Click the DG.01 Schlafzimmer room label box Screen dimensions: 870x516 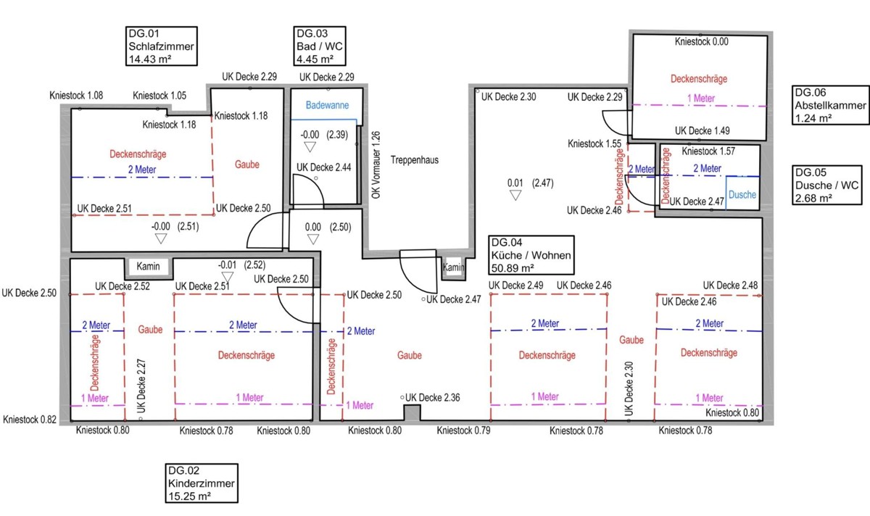(162, 46)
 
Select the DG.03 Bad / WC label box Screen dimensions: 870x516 (320, 46)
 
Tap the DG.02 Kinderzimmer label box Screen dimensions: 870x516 (202, 483)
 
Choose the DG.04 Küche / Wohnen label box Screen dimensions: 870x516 (531, 255)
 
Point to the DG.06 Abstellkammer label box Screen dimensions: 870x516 (830, 105)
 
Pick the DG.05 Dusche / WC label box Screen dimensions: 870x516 (827, 186)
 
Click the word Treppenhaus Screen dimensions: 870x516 (415, 160)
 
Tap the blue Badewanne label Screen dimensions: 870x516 (327, 105)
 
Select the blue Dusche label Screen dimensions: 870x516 (742, 194)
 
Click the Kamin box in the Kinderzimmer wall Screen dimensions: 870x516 (149, 267)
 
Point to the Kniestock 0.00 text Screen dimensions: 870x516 (702, 41)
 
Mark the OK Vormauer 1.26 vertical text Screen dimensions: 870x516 (376, 165)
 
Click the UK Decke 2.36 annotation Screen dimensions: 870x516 (432, 398)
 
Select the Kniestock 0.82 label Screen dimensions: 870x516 (30, 420)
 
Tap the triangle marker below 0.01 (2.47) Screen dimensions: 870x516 (515, 195)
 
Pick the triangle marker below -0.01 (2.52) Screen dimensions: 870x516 (227, 278)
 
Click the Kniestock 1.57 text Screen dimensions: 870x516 (708, 151)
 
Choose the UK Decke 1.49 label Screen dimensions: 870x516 (703, 130)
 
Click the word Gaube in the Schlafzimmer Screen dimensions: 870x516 (247, 165)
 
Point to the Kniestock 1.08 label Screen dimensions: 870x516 (76, 95)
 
